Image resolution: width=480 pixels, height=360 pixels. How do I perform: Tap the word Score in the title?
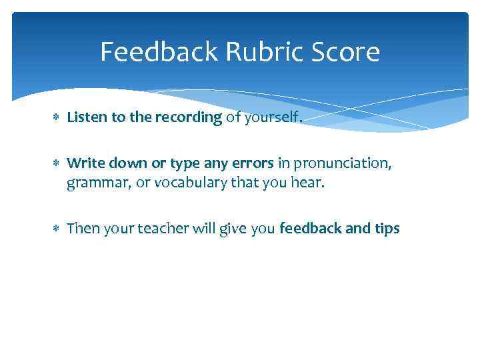[343, 52]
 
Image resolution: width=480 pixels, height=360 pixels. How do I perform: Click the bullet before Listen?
[57, 118]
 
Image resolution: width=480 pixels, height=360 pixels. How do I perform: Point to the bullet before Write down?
[57, 163]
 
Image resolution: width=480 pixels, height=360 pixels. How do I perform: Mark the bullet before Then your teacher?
[57, 229]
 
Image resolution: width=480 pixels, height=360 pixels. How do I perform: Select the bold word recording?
[189, 118]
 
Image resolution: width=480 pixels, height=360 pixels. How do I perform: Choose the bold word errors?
[252, 163]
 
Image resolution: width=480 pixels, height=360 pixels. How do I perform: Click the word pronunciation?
[338, 163]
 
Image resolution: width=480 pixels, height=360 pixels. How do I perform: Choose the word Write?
[83, 163]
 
